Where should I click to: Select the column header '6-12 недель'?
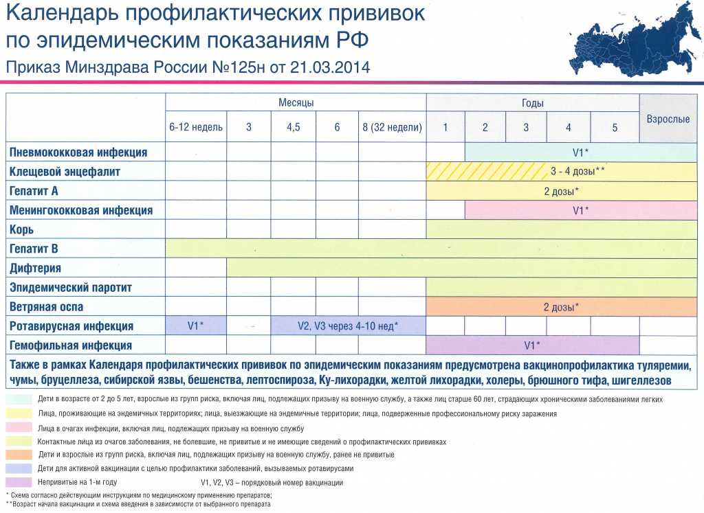coord(196,128)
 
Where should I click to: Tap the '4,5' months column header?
coord(293,128)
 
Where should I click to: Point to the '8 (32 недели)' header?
coord(392,128)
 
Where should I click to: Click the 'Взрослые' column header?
coord(668,119)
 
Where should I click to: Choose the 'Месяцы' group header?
coord(296,102)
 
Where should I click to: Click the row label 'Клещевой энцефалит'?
coord(65,172)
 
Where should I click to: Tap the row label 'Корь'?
coord(21,229)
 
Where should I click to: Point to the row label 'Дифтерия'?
coord(36,268)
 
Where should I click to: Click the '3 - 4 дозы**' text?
coord(577,171)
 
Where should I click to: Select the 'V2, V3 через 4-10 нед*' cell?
coord(349,326)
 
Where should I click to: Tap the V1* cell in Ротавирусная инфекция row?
coord(196,326)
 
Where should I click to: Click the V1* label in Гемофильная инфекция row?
coord(532,345)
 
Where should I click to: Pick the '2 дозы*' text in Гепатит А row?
coord(561,191)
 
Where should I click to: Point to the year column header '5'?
coord(615,128)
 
